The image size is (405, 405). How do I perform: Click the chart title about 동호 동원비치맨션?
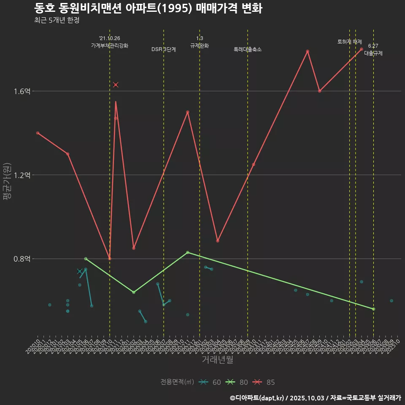pyautogui.click(x=148, y=8)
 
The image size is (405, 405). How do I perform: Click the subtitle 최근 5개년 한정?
pyautogui.click(x=57, y=20)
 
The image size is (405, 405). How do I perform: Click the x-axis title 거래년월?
pyautogui.click(x=217, y=360)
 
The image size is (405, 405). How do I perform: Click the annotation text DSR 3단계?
pyautogui.click(x=164, y=49)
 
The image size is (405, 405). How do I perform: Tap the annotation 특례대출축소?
pyautogui.click(x=248, y=49)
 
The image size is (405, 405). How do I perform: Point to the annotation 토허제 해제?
pyautogui.click(x=350, y=42)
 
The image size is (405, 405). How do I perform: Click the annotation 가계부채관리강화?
pyautogui.click(x=110, y=46)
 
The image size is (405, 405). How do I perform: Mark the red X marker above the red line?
pyautogui.click(x=116, y=85)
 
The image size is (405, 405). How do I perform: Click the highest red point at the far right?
pyautogui.click(x=362, y=49)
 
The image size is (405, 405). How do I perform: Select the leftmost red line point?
pyautogui.click(x=38, y=133)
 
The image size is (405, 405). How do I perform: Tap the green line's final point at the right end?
pyautogui.click(x=373, y=309)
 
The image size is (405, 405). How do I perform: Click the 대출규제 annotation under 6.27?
pyautogui.click(x=373, y=54)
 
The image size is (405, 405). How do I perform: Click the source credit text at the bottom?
pyautogui.click(x=315, y=398)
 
